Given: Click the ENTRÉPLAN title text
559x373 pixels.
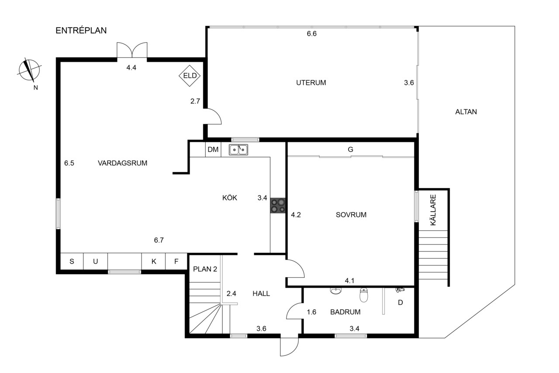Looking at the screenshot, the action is (81, 30).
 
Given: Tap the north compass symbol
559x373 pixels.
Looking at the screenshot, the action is (29, 70).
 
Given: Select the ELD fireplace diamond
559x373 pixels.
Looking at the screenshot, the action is (190, 76).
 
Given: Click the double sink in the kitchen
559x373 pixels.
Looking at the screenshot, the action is (238, 150).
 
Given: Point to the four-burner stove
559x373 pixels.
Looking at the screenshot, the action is (278, 206).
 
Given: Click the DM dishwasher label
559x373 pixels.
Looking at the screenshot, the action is (213, 150).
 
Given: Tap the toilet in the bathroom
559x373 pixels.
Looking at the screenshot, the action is (364, 295).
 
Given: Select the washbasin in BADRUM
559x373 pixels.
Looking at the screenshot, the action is (336, 290).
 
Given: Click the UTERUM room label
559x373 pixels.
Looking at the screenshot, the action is (311, 83).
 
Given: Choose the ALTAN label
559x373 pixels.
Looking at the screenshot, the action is (466, 112).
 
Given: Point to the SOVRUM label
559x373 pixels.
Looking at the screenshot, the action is (351, 215).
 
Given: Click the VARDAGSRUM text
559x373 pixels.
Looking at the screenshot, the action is (123, 163).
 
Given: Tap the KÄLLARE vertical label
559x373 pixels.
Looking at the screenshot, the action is (433, 210).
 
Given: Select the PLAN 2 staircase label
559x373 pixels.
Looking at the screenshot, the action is (205, 269).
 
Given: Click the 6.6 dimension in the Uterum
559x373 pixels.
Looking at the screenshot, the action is (312, 34).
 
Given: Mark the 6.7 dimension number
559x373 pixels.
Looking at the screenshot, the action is (159, 240).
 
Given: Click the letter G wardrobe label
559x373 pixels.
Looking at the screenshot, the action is (350, 150).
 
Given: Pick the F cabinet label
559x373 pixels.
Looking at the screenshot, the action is (176, 261).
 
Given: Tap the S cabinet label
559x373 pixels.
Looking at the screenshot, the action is (72, 261).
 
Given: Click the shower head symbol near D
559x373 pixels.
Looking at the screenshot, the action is (400, 290).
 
